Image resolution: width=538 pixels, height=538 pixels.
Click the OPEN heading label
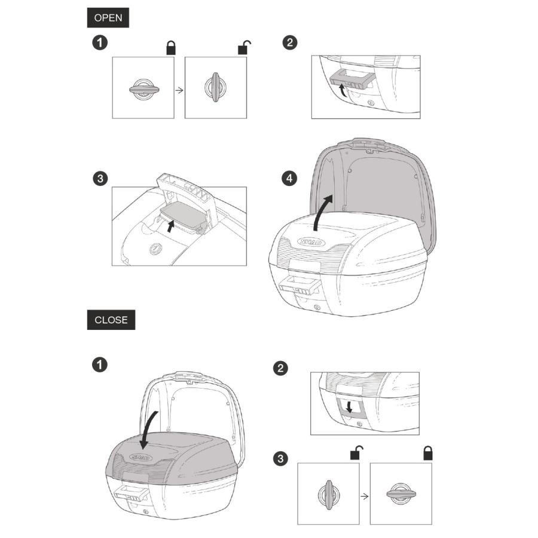108,17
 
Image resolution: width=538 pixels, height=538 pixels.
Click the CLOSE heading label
111,320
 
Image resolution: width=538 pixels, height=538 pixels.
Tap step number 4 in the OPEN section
289,178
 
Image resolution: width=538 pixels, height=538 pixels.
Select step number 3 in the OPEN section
100,178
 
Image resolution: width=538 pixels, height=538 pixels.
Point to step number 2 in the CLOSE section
280,368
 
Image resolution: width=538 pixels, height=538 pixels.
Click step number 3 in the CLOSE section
280,458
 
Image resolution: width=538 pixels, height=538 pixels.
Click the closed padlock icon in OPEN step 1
171,48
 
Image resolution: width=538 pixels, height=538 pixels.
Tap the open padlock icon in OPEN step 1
244,47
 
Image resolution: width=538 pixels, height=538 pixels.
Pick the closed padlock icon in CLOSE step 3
428,453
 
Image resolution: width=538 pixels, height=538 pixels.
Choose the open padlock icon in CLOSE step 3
356,453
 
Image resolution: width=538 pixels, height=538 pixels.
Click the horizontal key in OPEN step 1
144,90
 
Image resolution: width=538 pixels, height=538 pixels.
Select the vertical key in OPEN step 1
215,87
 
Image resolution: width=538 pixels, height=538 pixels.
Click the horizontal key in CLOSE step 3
401,494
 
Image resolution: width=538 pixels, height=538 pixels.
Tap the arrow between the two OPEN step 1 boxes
179,90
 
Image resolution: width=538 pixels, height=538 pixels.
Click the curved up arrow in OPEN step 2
342,91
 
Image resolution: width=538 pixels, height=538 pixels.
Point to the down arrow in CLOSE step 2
349,407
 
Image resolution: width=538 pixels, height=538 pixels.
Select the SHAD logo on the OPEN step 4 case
311,242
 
